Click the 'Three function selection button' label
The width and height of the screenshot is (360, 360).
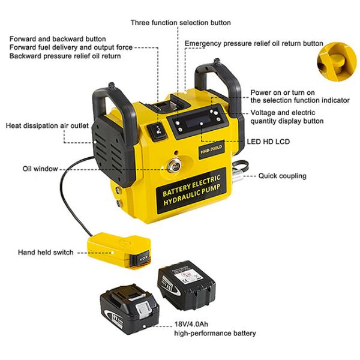click(181, 23)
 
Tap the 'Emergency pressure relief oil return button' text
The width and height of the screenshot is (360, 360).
click(254, 44)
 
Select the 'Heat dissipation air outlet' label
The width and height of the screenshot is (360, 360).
click(47, 126)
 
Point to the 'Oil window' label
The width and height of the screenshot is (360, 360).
click(40, 169)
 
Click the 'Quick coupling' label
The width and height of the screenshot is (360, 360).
click(282, 176)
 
